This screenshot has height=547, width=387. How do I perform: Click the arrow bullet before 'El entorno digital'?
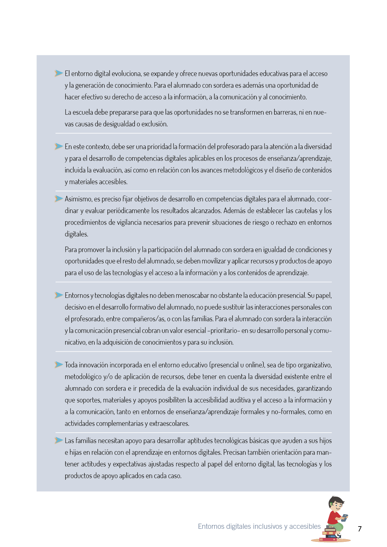(x=59, y=73)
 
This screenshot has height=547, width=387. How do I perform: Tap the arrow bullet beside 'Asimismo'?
(x=59, y=198)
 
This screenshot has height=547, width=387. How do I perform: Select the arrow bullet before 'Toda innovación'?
(x=59, y=364)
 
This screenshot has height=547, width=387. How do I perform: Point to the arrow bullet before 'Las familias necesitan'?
(x=59, y=440)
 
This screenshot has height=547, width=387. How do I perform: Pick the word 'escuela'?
(x=83, y=112)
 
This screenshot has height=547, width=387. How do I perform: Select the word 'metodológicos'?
(x=243, y=170)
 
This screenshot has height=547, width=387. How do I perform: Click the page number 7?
(x=359, y=529)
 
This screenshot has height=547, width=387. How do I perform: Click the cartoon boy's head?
(x=336, y=504)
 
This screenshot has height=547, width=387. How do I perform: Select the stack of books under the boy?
(x=330, y=533)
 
